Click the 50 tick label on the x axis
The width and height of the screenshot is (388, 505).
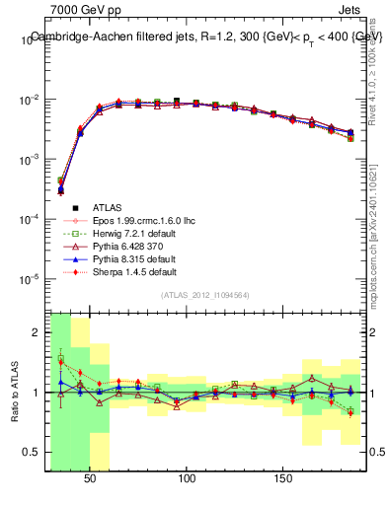tap(91, 477)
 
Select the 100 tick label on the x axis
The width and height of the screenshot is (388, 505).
tap(187, 477)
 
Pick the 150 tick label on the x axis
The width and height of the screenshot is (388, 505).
tap(282, 477)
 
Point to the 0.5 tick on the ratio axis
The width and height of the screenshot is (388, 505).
tap(37, 452)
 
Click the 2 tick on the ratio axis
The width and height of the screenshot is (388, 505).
tap(40, 332)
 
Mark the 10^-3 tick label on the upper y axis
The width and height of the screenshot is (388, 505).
tap(31, 159)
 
